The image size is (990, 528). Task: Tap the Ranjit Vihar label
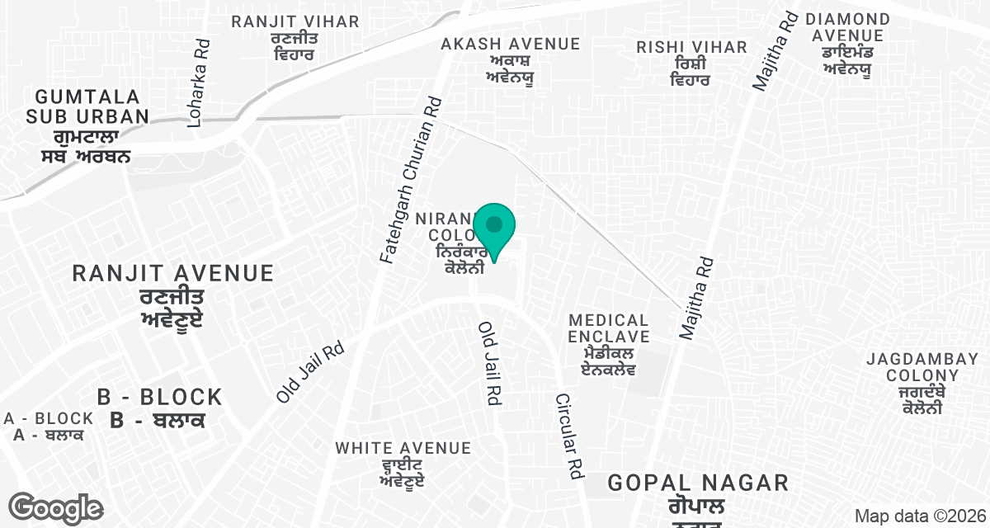click(295, 38)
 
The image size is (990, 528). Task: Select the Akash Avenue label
click(511, 60)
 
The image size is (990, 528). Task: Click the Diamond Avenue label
click(847, 44)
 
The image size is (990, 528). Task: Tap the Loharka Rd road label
click(197, 84)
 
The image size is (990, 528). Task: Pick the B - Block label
click(159, 408)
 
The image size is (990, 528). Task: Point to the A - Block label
click(49, 427)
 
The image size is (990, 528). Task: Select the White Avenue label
click(403, 462)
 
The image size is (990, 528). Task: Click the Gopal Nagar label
click(698, 493)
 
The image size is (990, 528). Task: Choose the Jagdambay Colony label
click(922, 383)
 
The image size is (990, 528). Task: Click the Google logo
click(56, 508)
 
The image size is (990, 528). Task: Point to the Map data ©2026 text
click(917, 516)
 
